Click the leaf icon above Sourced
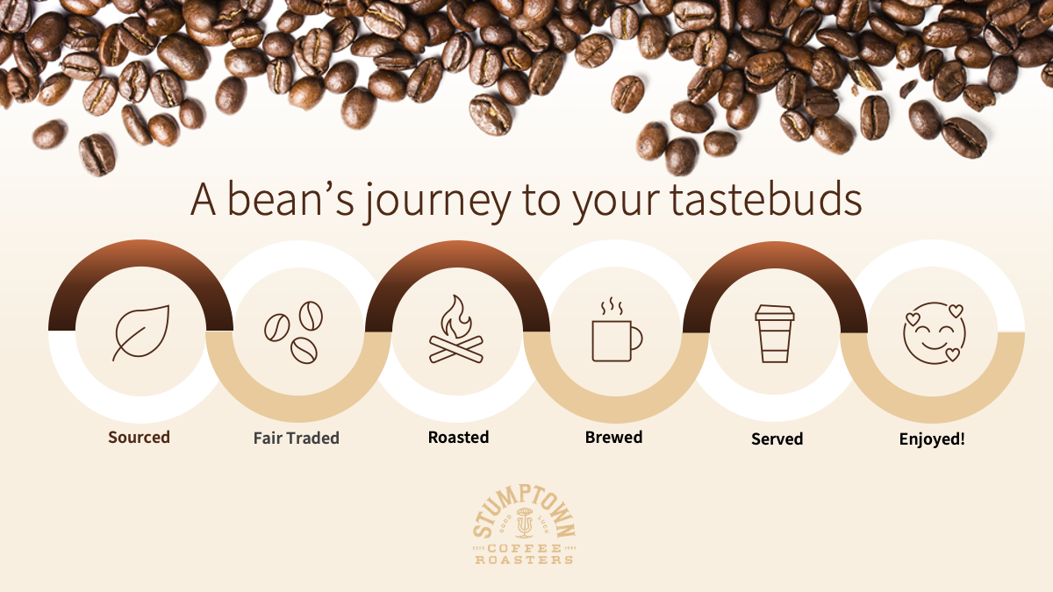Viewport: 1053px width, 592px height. pos(140,333)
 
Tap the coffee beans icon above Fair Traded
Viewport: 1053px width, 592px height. pos(293,332)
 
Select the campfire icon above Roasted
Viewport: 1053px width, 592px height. pos(456,329)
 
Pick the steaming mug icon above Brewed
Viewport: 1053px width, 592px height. pos(617,330)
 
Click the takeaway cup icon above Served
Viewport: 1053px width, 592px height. pos(775,333)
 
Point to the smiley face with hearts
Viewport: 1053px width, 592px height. pos(935,333)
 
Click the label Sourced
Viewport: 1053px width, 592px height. pos(140,438)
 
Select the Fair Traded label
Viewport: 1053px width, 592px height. pos(297,439)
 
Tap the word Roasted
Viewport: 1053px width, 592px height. pos(458,438)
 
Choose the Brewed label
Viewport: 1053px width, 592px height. pos(613,438)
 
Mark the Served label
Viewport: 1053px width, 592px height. pos(777,439)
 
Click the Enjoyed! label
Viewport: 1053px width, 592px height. pos(932,439)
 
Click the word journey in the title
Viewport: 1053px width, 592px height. pos(437,202)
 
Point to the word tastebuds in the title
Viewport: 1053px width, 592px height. pos(766,200)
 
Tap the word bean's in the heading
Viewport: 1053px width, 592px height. pos(290,200)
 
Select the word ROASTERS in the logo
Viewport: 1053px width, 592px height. pos(524,560)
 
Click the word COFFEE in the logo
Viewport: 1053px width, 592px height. pos(525,549)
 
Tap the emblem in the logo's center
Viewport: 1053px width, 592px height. pos(524,523)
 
